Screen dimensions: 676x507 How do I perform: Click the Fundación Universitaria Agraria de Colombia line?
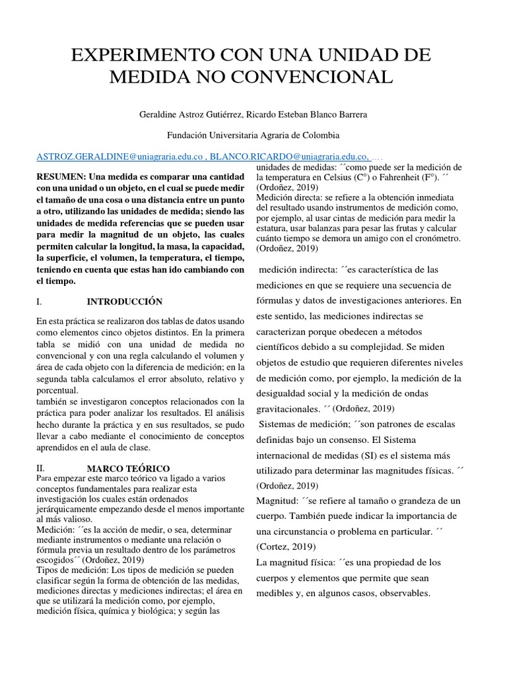pyautogui.click(x=253, y=135)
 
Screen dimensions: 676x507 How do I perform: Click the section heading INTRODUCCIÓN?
pyautogui.click(x=125, y=302)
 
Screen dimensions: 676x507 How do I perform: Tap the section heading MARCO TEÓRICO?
pyautogui.click(x=128, y=467)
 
